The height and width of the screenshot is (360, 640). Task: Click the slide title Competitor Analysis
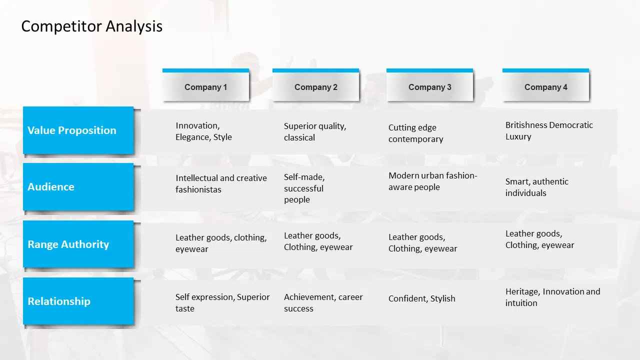click(x=91, y=26)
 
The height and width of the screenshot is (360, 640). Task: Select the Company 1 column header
click(x=205, y=85)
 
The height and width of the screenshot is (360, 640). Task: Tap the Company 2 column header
click(x=315, y=85)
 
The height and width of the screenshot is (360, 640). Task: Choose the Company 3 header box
click(x=429, y=85)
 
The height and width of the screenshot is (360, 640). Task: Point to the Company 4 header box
click(x=545, y=85)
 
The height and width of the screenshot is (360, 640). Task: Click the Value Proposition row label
click(x=78, y=130)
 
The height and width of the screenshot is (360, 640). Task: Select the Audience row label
click(x=78, y=187)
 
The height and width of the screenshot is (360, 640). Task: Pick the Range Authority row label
click(x=78, y=244)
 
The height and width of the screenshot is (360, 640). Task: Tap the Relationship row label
click(x=78, y=301)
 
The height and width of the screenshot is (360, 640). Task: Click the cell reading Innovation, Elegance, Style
click(x=203, y=131)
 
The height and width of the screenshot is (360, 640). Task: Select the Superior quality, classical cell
click(x=315, y=131)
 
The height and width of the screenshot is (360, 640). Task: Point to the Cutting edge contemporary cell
click(x=415, y=133)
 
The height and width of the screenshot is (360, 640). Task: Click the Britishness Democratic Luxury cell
click(x=549, y=131)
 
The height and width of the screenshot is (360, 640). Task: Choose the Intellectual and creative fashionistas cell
click(x=221, y=183)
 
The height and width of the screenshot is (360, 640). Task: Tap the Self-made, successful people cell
click(x=304, y=188)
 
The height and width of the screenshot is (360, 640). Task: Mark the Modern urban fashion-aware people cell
click(x=433, y=181)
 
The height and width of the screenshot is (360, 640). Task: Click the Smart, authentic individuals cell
click(x=537, y=187)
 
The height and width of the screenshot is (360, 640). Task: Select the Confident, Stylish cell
click(x=421, y=298)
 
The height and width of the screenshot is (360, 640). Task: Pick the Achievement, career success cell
click(x=323, y=303)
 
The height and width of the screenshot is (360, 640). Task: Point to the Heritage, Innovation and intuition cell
click(x=552, y=297)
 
